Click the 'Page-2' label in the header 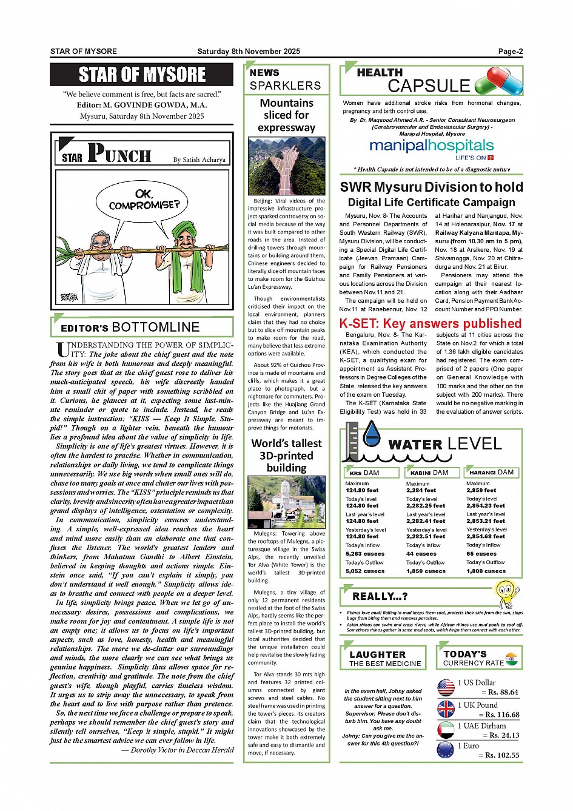tap(510, 52)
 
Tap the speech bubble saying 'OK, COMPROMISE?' tap(144, 200)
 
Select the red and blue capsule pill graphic tap(498, 81)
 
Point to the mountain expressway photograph tap(286, 166)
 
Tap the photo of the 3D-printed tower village tap(286, 502)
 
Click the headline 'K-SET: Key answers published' tap(431, 323)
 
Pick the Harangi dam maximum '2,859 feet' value tap(481, 490)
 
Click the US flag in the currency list tap(446, 687)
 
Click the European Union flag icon tap(446, 750)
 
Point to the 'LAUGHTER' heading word tap(377, 655)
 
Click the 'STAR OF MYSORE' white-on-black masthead tap(142, 75)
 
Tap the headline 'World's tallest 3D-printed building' tap(286, 455)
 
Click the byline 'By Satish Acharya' tap(199, 160)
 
